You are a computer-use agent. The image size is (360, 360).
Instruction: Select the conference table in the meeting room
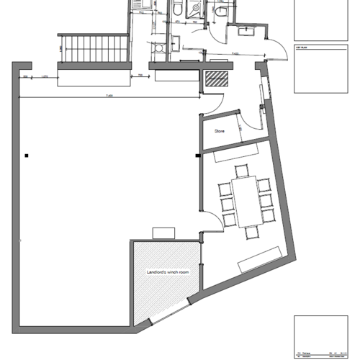coord(244,199)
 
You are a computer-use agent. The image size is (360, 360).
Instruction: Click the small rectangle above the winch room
coord(164,232)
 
